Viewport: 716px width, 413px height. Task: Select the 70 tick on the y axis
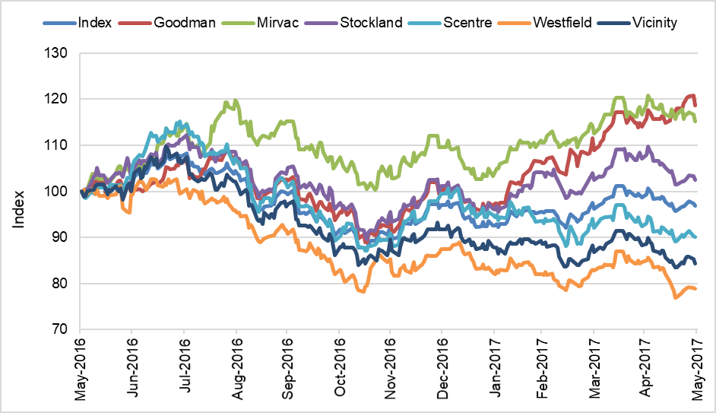[x=61, y=330]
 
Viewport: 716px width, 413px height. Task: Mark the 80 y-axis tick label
[x=61, y=284]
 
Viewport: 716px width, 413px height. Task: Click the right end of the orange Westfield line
[x=695, y=288]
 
